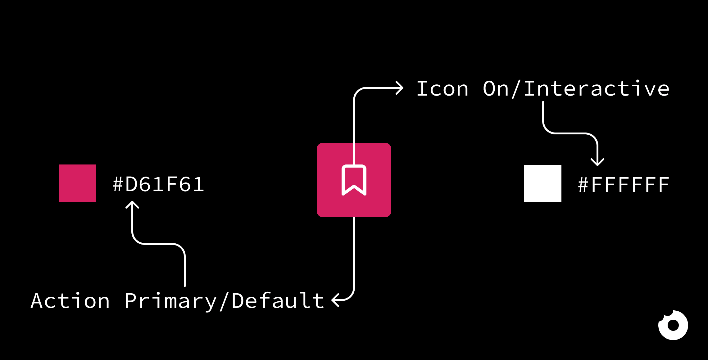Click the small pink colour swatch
[78, 183]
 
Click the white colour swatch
[543, 184]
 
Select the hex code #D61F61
[158, 184]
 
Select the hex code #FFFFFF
[624, 185]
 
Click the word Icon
[443, 89]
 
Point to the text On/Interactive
[576, 89]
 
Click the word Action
[70, 301]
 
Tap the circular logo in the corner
[673, 325]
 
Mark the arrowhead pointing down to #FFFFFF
[597, 162]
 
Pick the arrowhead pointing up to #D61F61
[132, 205]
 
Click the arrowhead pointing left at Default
[335, 300]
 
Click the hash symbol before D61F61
[118, 184]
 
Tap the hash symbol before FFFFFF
[583, 185]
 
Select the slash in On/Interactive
[516, 89]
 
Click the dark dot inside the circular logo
[673, 325]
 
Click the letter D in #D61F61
[131, 184]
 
